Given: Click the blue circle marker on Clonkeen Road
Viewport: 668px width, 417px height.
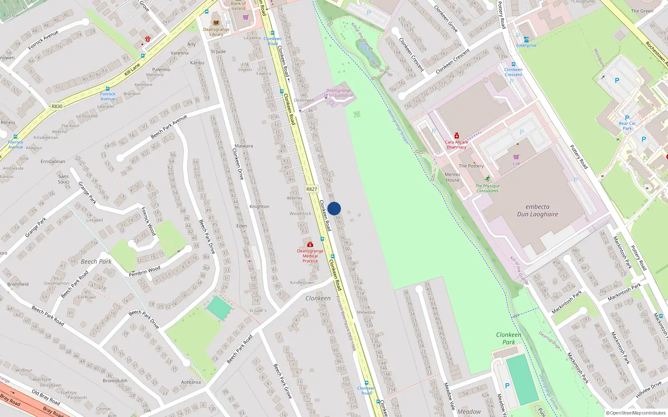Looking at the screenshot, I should (x=334, y=208).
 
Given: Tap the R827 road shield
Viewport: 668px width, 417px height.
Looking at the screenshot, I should (x=311, y=189).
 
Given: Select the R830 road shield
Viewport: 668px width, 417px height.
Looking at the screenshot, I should (x=57, y=106).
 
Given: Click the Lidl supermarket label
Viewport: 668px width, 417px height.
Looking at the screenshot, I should (x=516, y=163).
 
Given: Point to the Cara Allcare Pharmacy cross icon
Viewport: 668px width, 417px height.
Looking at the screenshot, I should (x=457, y=136).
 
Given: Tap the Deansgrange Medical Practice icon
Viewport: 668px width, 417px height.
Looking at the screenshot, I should (x=310, y=244).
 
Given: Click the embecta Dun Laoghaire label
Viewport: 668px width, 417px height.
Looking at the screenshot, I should (x=537, y=211).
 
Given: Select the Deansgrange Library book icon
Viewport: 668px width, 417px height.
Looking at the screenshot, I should (x=216, y=23).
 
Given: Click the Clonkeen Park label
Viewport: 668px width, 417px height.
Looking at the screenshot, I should (x=509, y=338).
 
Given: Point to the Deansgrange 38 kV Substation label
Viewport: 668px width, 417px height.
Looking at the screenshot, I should (x=339, y=93).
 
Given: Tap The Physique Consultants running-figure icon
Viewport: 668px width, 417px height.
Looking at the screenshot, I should (x=487, y=178).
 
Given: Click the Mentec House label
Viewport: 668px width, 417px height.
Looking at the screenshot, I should (x=453, y=177).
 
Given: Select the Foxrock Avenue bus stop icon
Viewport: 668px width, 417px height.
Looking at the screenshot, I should (x=15, y=137).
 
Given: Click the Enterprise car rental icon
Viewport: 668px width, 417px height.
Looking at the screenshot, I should (x=526, y=40).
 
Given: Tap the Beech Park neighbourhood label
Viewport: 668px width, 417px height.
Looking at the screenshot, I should (x=96, y=261).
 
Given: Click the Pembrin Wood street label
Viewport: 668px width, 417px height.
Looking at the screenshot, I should (x=144, y=271).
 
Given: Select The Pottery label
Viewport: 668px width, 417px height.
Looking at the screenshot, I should (x=471, y=166).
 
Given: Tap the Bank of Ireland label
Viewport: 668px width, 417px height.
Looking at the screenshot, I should (x=238, y=6).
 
